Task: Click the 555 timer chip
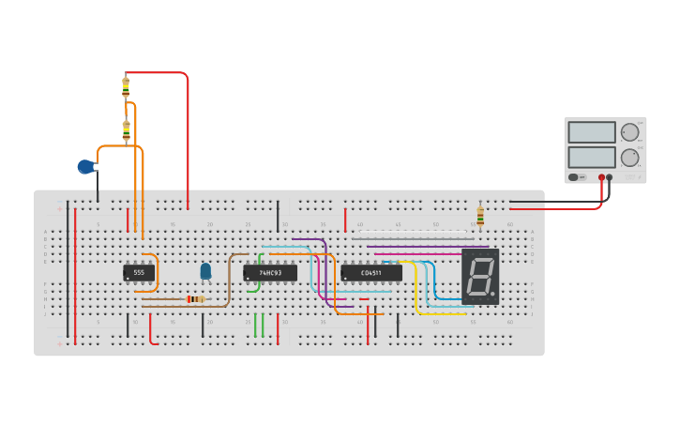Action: [x=138, y=273]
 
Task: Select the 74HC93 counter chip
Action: [x=270, y=273]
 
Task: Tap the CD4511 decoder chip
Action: [x=371, y=273]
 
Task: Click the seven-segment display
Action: [x=479, y=276]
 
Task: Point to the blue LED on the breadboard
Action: [x=205, y=271]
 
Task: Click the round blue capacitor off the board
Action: [x=85, y=167]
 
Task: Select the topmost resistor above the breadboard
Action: [x=126, y=87]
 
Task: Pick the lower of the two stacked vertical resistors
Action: [x=126, y=130]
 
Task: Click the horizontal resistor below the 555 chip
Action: [x=194, y=299]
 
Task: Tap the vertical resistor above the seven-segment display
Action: [x=480, y=217]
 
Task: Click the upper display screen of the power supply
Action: [x=591, y=132]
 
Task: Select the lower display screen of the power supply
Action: [x=591, y=157]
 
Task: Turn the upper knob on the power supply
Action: [x=628, y=132]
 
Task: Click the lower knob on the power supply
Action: [x=628, y=157]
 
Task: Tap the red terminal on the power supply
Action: [x=601, y=177]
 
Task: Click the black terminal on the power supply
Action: [x=610, y=177]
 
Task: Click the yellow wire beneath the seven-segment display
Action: [x=441, y=313]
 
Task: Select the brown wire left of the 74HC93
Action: [x=229, y=281]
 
